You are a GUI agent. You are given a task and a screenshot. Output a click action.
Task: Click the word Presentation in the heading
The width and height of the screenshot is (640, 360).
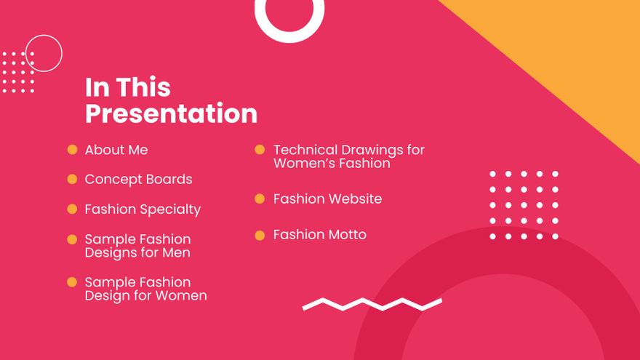click(171, 114)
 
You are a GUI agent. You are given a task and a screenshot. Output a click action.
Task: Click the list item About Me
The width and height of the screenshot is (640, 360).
click(116, 150)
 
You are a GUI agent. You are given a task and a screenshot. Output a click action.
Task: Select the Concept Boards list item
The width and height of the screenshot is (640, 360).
click(138, 179)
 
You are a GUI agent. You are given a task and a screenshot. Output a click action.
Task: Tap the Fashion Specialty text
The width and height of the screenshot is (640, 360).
click(143, 209)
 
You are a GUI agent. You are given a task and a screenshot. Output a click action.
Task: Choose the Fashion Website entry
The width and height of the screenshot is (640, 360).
click(327, 199)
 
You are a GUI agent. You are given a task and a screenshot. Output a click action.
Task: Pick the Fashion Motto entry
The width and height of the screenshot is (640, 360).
click(319, 235)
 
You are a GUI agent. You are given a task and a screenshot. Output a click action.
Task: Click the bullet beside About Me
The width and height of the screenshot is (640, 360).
click(72, 150)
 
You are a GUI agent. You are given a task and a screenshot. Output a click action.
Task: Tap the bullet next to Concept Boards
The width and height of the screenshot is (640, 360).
click(72, 179)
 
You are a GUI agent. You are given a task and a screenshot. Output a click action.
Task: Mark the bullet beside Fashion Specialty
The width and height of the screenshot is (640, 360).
click(72, 209)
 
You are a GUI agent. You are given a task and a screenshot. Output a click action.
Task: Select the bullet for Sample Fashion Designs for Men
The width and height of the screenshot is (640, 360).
click(72, 239)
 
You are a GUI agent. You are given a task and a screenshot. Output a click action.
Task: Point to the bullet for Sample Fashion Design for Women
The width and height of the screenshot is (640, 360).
click(72, 282)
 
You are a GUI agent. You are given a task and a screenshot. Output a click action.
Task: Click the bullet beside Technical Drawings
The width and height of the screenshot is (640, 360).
click(260, 150)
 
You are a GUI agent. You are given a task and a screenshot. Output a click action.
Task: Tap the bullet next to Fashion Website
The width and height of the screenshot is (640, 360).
click(260, 199)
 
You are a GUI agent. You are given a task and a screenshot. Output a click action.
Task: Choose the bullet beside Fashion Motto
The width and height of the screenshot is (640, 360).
click(260, 235)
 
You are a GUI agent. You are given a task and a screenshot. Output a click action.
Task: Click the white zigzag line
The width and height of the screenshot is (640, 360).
click(372, 304)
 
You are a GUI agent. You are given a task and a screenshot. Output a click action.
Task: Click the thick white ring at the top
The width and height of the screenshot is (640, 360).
click(289, 33)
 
